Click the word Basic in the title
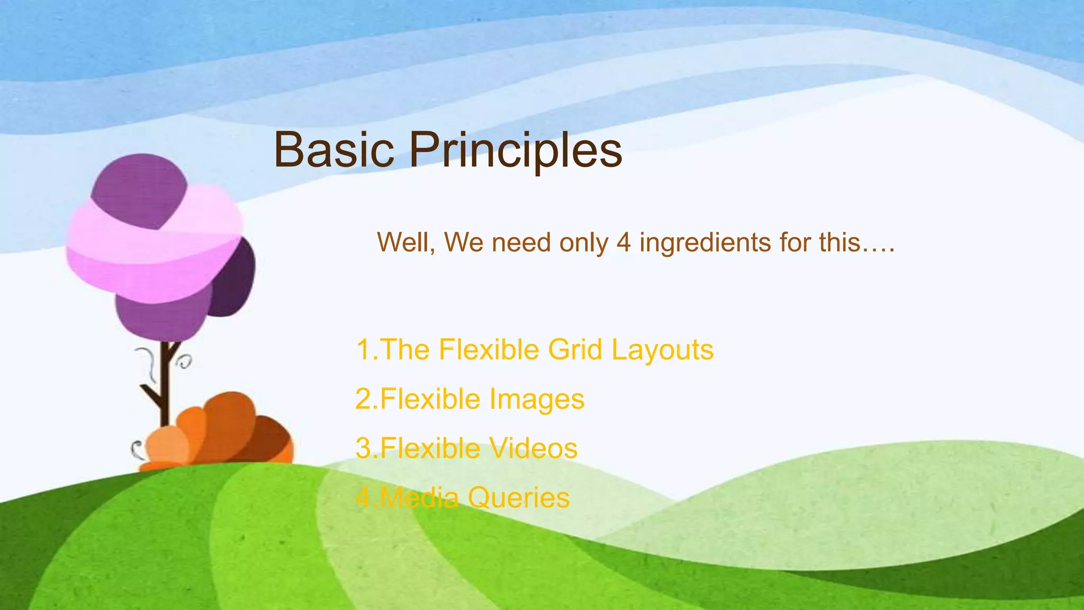click(334, 150)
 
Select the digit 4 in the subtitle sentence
click(624, 243)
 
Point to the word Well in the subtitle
click(405, 243)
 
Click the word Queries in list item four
click(519, 498)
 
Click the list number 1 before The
click(363, 349)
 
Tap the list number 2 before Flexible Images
click(364, 399)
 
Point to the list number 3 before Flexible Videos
click(364, 448)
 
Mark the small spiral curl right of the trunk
click(185, 362)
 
